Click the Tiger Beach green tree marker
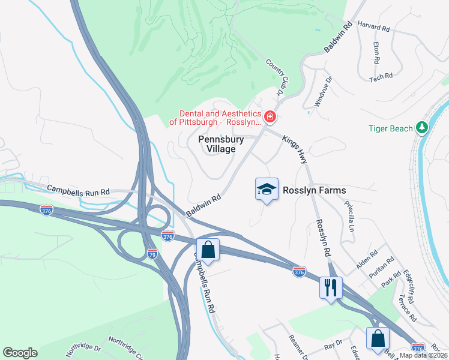[x=423, y=128]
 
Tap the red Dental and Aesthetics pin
[x=270, y=116]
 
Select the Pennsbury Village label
[x=221, y=144]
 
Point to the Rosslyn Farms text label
[x=316, y=190]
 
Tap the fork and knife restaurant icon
[x=331, y=288]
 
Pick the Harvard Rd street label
[x=373, y=28]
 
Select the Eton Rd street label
[x=376, y=53]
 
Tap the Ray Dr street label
[x=333, y=346]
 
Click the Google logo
[x=20, y=353]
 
